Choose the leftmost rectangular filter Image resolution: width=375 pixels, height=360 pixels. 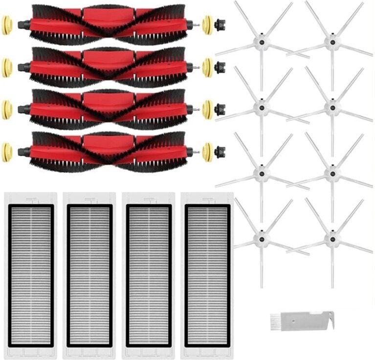click(30, 275)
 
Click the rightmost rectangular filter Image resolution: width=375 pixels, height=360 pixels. click(207, 275)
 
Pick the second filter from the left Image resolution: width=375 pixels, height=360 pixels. click(89, 275)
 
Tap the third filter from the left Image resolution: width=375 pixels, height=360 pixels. click(149, 275)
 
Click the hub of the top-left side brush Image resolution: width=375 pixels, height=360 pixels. click(262, 43)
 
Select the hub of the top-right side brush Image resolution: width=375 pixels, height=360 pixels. click(332, 43)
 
